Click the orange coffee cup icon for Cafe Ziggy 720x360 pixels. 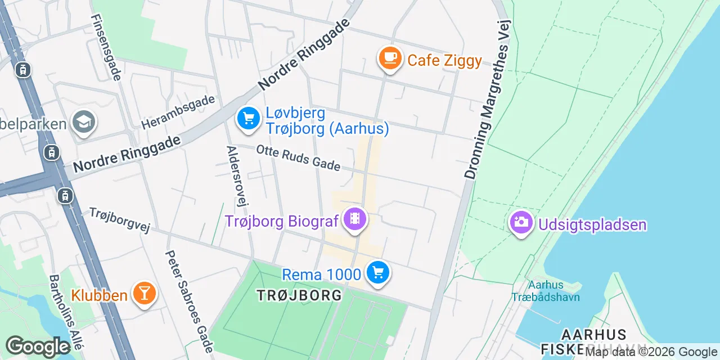(390, 58)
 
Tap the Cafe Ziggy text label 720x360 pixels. (444, 60)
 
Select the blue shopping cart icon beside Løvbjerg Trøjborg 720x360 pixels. (248, 119)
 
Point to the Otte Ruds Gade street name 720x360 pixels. (298, 158)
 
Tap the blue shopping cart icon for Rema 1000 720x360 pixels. (377, 273)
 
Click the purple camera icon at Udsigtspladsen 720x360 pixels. (521, 223)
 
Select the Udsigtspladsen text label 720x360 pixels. (592, 226)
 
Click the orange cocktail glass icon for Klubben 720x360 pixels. (144, 293)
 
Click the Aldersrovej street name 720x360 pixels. (237, 176)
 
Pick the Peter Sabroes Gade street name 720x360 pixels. (189, 301)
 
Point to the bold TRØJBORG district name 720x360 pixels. (299, 295)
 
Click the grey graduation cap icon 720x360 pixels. (84, 123)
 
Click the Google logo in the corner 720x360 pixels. (38, 347)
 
